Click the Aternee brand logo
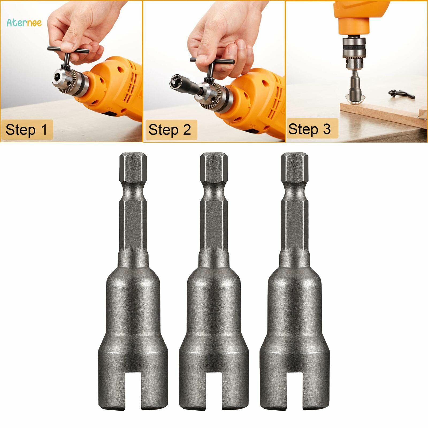(x=24, y=22)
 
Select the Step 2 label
(x=170, y=130)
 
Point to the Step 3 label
(x=309, y=129)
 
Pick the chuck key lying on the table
(x=401, y=94)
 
